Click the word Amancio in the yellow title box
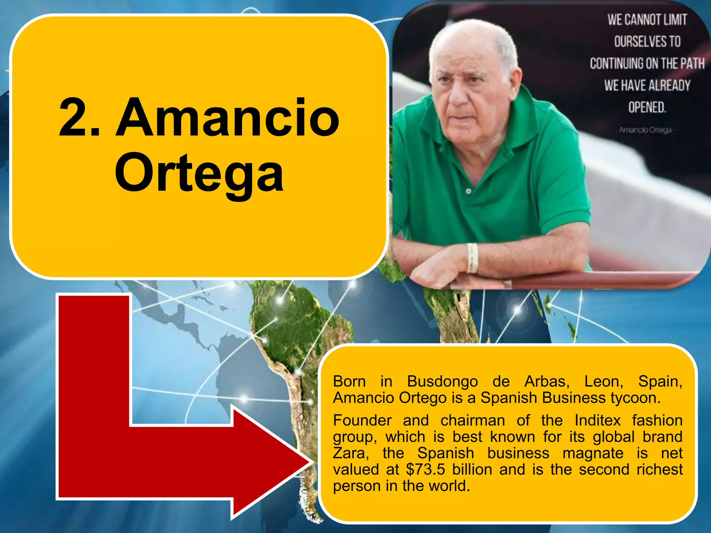pos(227,118)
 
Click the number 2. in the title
pos(79,118)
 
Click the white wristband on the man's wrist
pos(472,257)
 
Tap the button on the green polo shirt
pos(468,191)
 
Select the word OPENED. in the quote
pos(647,107)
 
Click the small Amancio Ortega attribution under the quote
pos(645,130)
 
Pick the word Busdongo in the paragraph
pos(442,381)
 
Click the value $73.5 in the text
pos(425,469)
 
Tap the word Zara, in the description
pos(351,453)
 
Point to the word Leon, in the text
pos(604,381)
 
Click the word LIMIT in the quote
pos(675,20)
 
